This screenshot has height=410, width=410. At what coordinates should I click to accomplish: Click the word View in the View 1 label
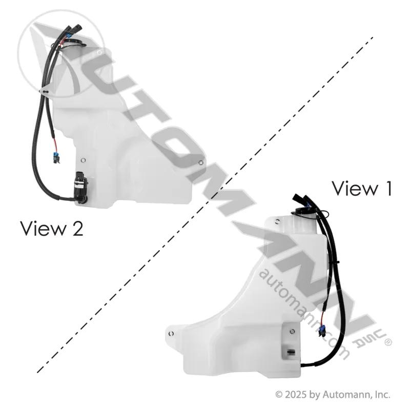click(355, 189)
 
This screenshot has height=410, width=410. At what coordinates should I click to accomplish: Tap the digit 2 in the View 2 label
click(77, 229)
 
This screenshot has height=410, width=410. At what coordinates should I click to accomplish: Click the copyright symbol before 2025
click(279, 394)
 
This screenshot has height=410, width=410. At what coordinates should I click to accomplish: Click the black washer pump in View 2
click(81, 187)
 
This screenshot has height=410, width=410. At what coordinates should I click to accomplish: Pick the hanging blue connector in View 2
click(56, 157)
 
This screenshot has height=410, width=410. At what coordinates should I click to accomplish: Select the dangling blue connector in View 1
click(321, 330)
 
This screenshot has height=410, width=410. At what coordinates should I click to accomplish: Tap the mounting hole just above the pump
click(84, 160)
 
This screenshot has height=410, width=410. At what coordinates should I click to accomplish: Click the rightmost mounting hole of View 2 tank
click(201, 162)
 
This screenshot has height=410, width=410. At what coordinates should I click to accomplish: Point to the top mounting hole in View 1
click(277, 222)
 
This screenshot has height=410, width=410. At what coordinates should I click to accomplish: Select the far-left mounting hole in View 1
click(171, 334)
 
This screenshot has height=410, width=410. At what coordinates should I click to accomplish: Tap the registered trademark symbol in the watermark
click(388, 342)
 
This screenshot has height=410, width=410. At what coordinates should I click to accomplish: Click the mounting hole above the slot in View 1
click(292, 332)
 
